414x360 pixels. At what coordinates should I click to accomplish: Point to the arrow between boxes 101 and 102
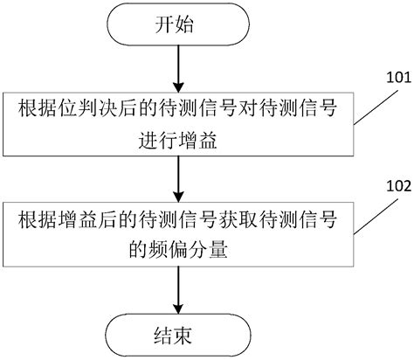click(177, 175)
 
